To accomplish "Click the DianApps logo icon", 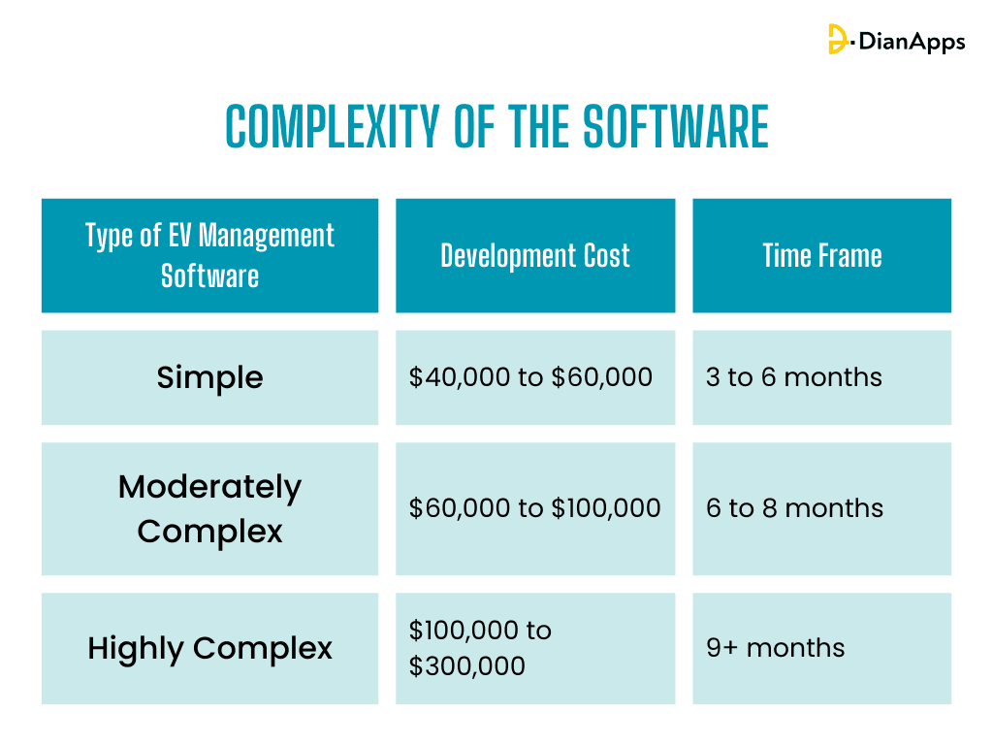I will coord(839,40).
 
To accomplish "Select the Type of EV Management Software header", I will coord(209,255).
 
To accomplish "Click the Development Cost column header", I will coord(534,256).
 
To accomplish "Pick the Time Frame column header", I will coord(821,256).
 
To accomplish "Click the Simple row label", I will coord(209,377).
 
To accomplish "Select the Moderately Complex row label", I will coord(209,508).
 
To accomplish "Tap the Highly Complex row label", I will coord(209,648).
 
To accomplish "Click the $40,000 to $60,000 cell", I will coord(530,377).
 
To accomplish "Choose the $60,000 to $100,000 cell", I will coord(534,508).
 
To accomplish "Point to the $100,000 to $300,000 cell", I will coord(480,648).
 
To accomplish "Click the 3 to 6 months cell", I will coord(794,377).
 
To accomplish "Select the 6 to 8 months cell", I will coord(794,508).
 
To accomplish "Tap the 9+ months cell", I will coord(775,648).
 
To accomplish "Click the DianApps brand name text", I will coord(910,41).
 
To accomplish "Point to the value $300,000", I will coord(467,666).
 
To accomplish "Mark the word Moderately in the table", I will coord(209,487).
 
